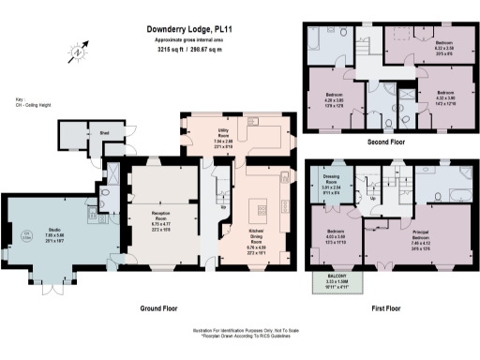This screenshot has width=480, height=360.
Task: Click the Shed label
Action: (106, 133)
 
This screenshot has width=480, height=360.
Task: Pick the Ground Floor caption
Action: (161, 307)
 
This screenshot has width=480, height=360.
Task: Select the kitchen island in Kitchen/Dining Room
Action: (262, 207)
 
